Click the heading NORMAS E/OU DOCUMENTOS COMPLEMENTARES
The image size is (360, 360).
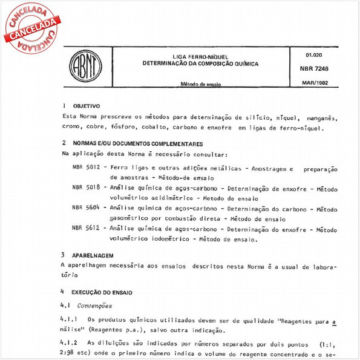coord(134,144)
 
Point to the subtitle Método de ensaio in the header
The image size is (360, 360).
coord(200,85)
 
